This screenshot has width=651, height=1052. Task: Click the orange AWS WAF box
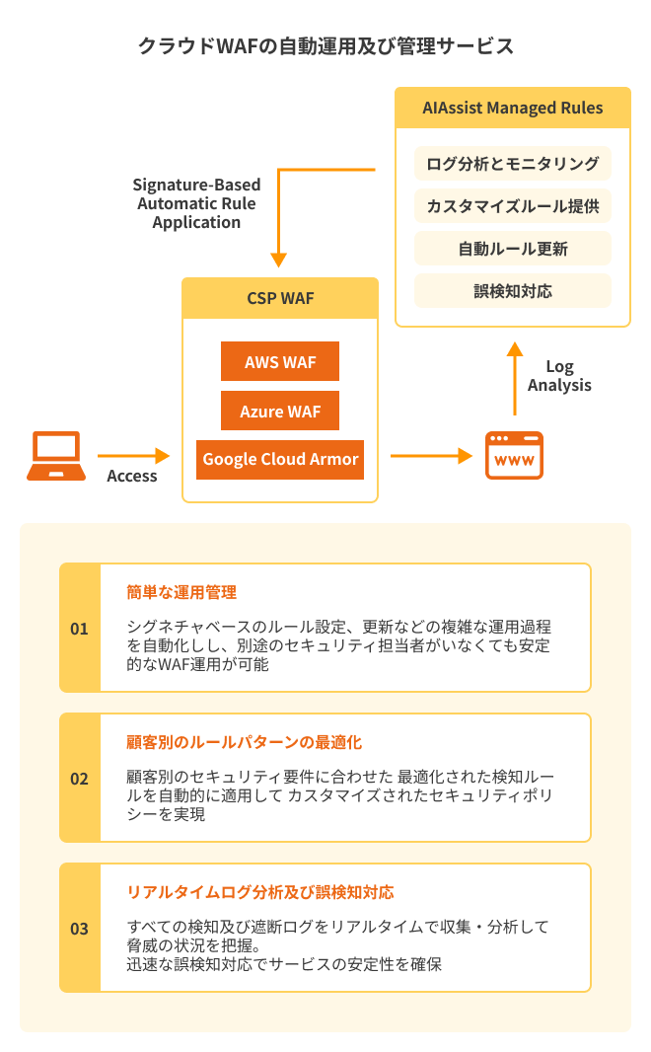click(280, 361)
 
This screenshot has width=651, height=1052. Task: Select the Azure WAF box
click(280, 411)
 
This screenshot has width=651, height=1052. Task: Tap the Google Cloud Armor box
click(280, 460)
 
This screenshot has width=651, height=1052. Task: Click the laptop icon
click(55, 456)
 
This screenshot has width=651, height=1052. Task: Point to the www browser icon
click(514, 456)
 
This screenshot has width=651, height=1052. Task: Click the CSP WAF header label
click(280, 298)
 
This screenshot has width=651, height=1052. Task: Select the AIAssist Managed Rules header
click(513, 108)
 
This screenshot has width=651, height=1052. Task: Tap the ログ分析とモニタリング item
click(513, 163)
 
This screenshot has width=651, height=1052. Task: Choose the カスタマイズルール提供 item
click(513, 206)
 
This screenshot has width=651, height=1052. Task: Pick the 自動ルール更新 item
click(513, 249)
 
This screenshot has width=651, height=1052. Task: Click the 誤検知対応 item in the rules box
click(513, 291)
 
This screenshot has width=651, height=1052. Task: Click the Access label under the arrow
click(132, 476)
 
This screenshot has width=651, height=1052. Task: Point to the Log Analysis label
click(559, 376)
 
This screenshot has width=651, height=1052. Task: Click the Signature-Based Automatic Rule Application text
click(196, 203)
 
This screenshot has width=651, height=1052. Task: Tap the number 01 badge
click(80, 629)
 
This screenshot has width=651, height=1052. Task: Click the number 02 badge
click(80, 779)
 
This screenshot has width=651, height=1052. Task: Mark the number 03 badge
click(80, 929)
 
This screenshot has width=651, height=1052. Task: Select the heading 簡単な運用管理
click(181, 592)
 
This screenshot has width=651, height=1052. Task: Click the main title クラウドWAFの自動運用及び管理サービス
click(325, 46)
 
